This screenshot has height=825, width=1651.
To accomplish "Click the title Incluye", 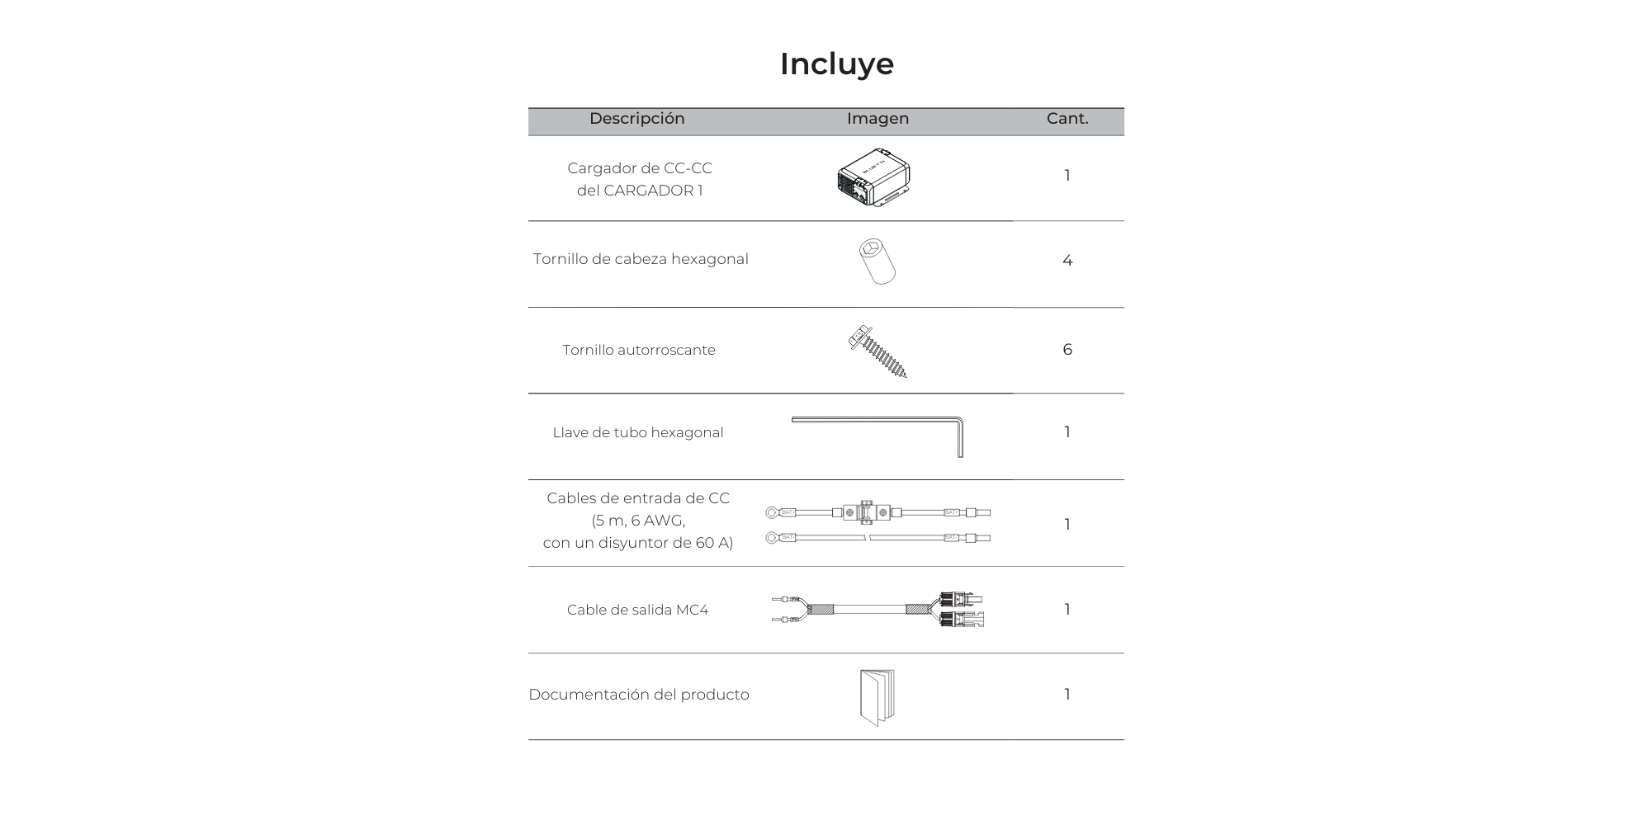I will click(836, 64).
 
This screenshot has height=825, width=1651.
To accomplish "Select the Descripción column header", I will click(636, 119).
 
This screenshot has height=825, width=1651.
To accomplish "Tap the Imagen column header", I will click(878, 119).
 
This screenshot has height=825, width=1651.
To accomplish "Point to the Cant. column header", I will click(1067, 119).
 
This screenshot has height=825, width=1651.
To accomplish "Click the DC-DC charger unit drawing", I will click(874, 177).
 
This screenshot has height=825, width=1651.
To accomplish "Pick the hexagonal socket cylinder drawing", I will click(877, 262).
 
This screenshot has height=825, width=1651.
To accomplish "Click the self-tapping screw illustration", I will click(878, 351).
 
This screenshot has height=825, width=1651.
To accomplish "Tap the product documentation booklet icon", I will click(877, 697).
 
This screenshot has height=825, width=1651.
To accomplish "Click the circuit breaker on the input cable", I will click(865, 512).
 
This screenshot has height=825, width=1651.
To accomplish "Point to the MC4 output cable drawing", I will click(878, 610).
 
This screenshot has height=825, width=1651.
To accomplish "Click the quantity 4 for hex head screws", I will click(1067, 261).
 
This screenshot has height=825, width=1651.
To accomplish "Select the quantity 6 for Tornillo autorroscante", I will click(1067, 350).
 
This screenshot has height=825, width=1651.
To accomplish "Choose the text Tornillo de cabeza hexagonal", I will click(641, 259).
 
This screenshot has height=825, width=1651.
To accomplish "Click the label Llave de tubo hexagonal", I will click(638, 432).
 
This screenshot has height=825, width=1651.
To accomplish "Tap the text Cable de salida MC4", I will click(637, 610).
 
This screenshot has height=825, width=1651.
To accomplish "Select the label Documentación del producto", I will click(639, 695).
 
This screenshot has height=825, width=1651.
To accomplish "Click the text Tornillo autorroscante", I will click(639, 350).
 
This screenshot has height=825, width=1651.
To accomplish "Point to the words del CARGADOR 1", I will click(640, 191).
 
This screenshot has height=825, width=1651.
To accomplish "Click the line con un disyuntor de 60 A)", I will click(638, 543).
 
